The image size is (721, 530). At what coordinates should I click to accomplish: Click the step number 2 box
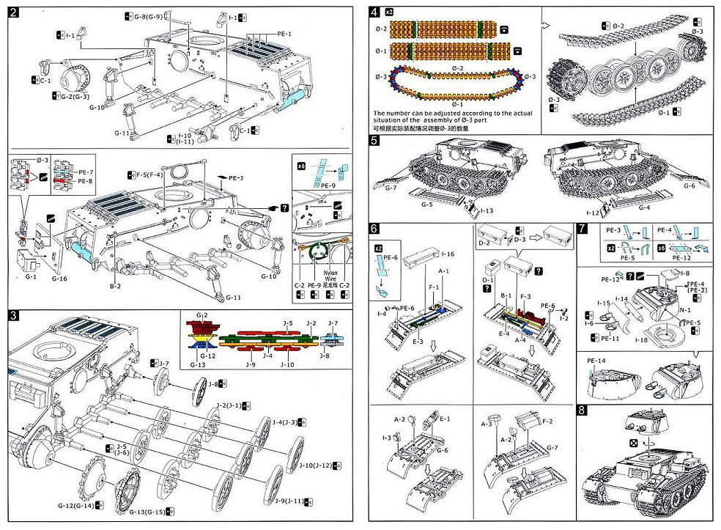15,13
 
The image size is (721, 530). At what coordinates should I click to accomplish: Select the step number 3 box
15,315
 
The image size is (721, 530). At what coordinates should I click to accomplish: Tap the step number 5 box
375,141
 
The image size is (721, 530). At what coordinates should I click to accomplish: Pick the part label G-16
59,279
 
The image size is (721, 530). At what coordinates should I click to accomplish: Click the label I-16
447,254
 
